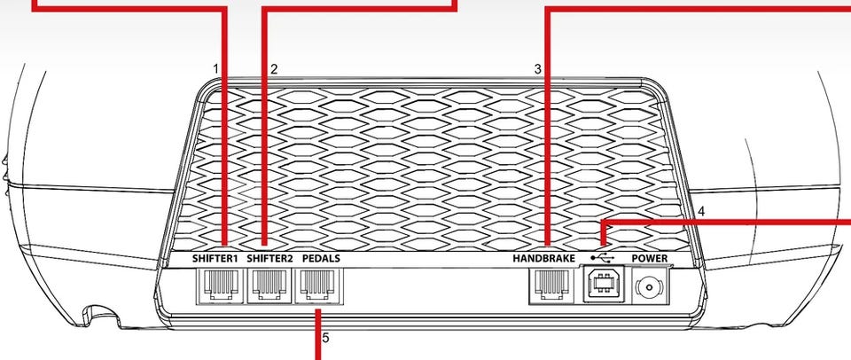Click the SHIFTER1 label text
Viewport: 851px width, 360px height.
tap(215, 258)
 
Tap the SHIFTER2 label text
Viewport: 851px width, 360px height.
tap(269, 258)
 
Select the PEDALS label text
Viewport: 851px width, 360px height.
tap(321, 258)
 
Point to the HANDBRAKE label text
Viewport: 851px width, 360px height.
tap(543, 258)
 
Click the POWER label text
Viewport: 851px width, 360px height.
tap(650, 258)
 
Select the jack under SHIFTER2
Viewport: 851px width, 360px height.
tap(269, 286)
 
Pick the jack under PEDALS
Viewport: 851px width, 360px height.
tap(318, 286)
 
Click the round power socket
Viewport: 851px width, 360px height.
tap(650, 286)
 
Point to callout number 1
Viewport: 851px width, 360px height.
tap(215, 69)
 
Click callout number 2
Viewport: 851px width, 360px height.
tap(274, 69)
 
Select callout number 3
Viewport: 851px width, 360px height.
tap(538, 69)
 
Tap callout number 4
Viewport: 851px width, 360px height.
tap(701, 211)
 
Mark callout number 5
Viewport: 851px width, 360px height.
tap(325, 339)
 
